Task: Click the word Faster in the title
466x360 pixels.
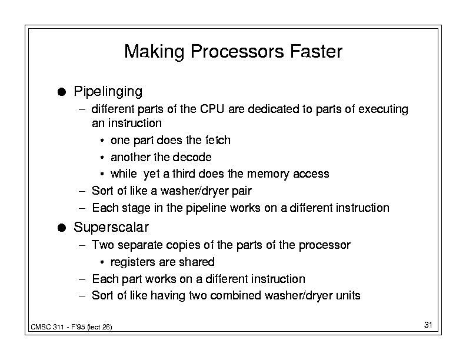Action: tap(316, 51)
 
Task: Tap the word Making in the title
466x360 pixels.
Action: tap(154, 52)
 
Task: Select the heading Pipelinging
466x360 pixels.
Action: tap(108, 92)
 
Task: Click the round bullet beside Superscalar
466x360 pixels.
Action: tap(62, 228)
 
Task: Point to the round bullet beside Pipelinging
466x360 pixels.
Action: tap(62, 92)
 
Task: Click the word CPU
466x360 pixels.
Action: tap(212, 109)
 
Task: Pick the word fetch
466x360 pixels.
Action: tap(218, 140)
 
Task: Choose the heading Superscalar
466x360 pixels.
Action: tap(111, 227)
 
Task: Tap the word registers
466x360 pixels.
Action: tap(132, 262)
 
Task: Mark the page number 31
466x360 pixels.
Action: tap(428, 325)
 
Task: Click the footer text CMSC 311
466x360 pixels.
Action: tap(47, 327)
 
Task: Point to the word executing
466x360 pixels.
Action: tap(383, 109)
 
